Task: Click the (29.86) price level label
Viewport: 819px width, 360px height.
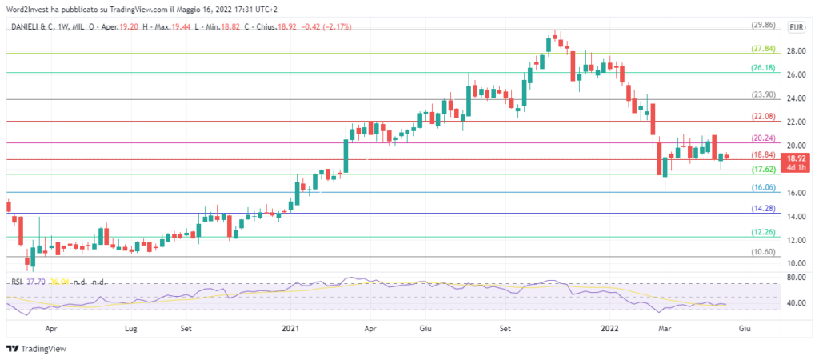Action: (763, 26)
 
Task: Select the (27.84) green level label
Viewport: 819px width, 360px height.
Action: (763, 49)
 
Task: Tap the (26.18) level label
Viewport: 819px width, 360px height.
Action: (763, 69)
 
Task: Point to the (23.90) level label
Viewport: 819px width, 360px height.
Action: (763, 95)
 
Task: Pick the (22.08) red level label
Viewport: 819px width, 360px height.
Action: (763, 117)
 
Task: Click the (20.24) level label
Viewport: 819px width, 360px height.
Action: (763, 138)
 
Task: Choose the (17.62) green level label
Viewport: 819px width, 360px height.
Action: (763, 170)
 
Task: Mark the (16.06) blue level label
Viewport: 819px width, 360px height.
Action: (763, 188)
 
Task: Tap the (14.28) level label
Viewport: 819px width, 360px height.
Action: (763, 209)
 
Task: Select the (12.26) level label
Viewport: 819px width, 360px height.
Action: (763, 232)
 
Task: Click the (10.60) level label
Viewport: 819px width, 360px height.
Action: (763, 252)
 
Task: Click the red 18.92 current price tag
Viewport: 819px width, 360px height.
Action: (796, 162)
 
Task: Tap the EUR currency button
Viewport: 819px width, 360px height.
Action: (796, 27)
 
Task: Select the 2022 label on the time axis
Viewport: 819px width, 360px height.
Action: (609, 328)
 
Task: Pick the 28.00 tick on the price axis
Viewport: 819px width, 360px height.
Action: (796, 50)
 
